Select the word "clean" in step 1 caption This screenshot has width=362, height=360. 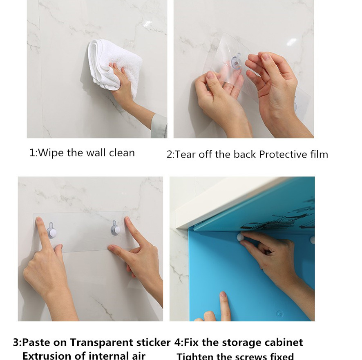pos(121,153)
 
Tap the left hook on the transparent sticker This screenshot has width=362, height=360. pos(51,231)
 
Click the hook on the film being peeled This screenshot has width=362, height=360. pos(236,62)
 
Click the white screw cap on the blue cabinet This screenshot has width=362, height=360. pos(240,237)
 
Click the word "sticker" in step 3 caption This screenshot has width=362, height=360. pos(155,342)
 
